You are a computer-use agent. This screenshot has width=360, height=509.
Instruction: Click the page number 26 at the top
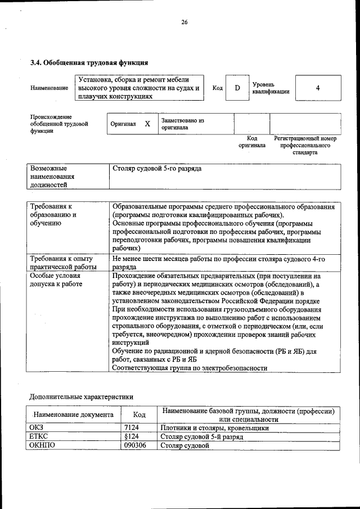(183, 22)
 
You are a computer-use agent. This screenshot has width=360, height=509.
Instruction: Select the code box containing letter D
(237, 88)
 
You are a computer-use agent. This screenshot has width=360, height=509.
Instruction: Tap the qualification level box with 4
(318, 88)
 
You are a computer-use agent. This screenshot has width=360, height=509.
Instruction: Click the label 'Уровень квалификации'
(271, 88)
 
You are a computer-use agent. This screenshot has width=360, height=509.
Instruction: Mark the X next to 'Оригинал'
(147, 124)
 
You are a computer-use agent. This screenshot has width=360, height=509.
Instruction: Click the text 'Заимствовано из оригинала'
(182, 124)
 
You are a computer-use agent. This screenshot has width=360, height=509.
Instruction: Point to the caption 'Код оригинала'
(251, 142)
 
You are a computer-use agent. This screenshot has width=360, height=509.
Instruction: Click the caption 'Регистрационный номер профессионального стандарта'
(304, 145)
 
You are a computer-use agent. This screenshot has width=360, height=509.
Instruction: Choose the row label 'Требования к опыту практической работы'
(64, 263)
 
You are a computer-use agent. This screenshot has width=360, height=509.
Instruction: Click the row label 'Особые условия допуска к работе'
(56, 280)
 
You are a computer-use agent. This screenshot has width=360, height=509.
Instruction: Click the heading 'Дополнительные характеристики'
(81, 397)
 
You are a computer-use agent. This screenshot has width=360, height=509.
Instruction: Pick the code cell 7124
(132, 428)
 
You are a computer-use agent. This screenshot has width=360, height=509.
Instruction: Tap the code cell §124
(132, 436)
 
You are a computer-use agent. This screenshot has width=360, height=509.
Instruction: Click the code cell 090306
(135, 445)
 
